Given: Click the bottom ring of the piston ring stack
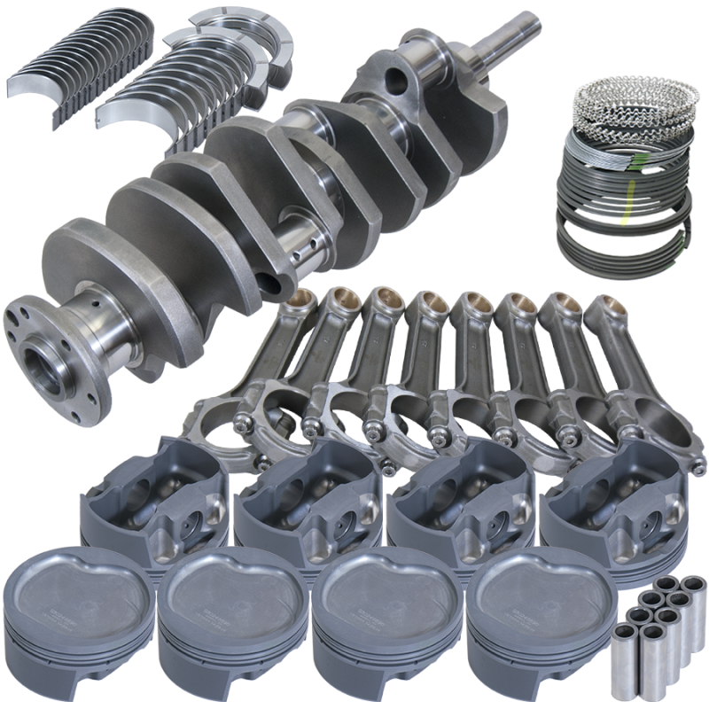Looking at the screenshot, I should pos(626,239).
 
